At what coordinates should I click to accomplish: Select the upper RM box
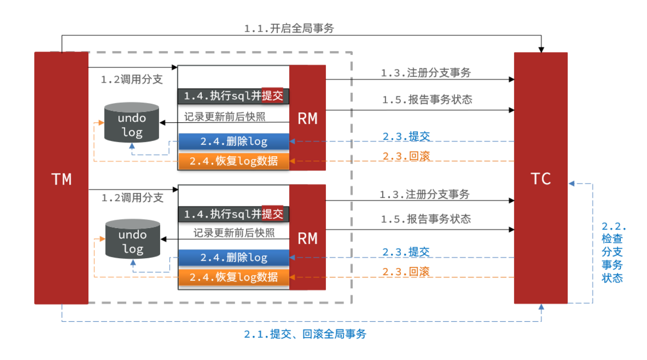tap(307, 118)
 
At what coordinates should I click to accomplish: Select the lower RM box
tap(307, 237)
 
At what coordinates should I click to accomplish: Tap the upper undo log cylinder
tap(132, 122)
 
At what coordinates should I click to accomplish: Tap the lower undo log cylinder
tap(132, 239)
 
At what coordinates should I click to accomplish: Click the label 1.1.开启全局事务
tap(289, 29)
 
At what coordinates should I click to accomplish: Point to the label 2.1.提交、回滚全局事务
tap(305, 334)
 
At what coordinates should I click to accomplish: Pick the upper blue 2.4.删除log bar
tap(234, 142)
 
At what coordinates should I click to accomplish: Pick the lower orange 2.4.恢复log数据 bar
tap(234, 277)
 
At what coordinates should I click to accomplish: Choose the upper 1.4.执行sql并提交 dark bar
tap(233, 96)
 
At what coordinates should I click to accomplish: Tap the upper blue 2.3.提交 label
tap(406, 136)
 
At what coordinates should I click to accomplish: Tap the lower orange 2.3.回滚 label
tap(406, 272)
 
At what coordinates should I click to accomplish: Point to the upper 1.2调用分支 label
tap(132, 79)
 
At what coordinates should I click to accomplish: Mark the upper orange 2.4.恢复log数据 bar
tap(234, 161)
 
